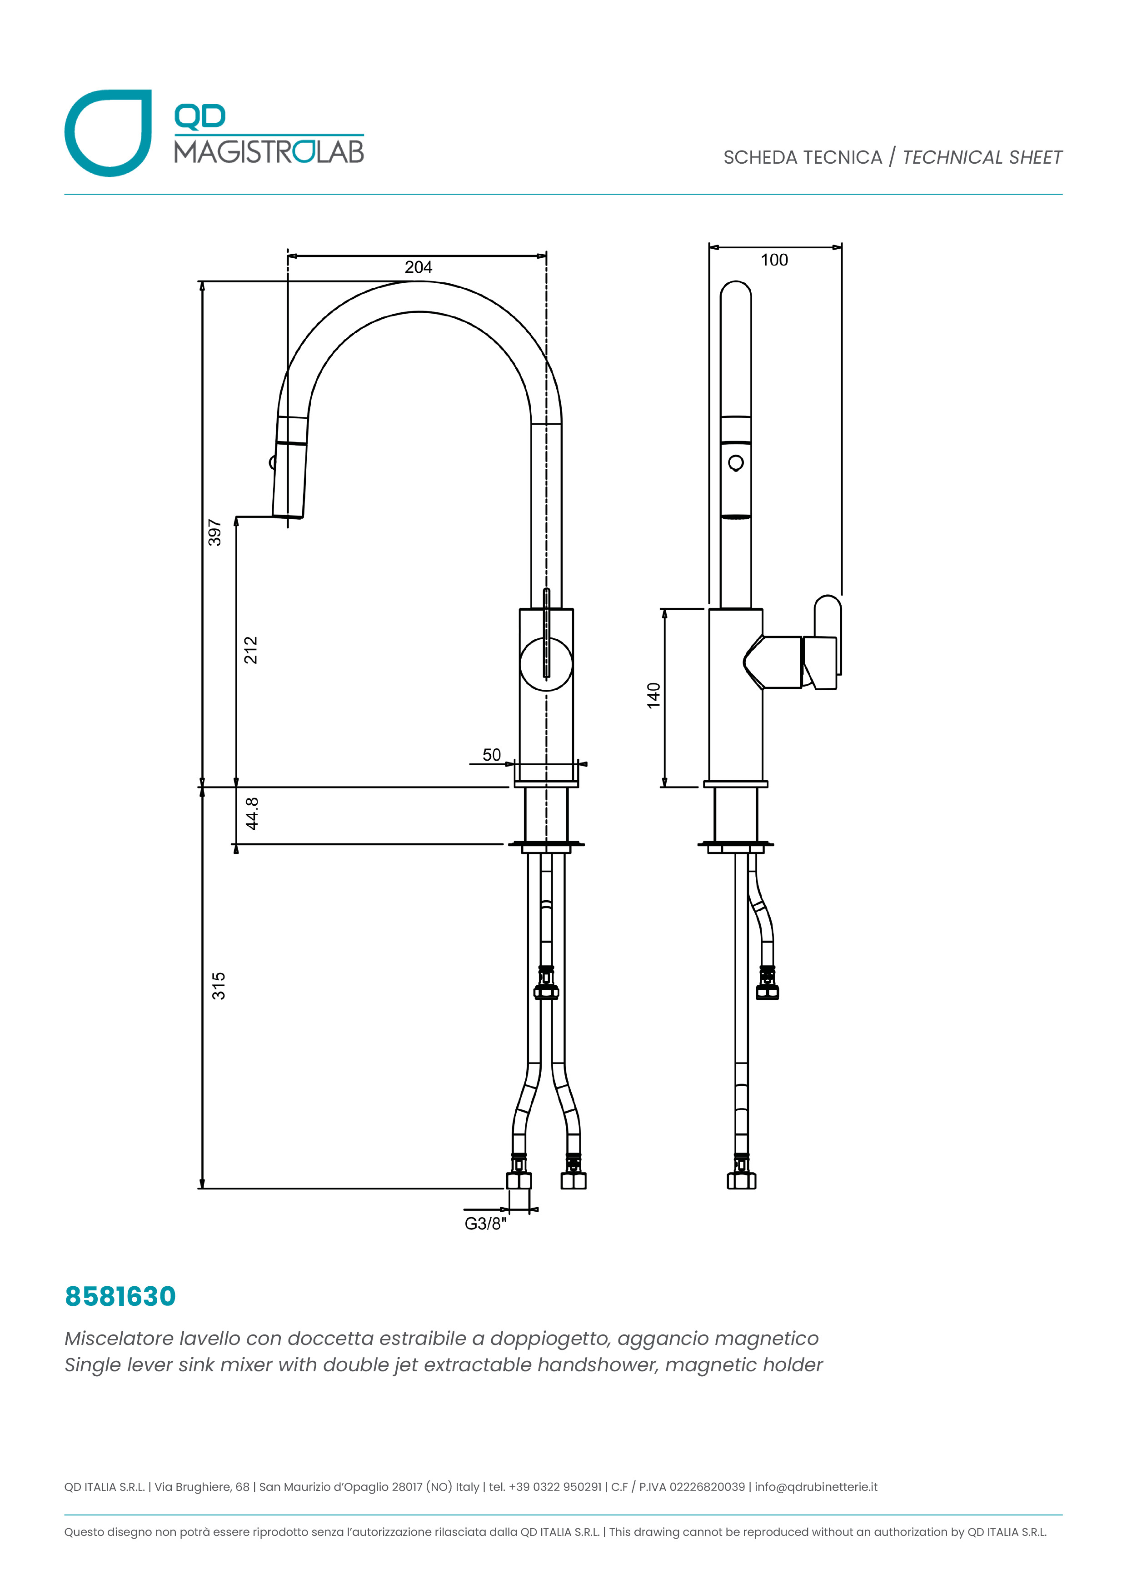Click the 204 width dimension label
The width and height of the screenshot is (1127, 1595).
[418, 267]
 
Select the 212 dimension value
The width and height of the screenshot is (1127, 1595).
[251, 650]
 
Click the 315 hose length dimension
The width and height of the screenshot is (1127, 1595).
[219, 986]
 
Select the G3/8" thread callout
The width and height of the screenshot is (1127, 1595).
[485, 1224]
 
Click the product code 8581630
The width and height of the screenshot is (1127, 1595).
[120, 1297]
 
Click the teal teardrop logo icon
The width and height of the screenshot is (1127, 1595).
[108, 133]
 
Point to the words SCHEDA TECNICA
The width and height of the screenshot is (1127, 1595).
[802, 158]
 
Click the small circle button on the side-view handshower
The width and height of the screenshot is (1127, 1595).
[735, 463]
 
